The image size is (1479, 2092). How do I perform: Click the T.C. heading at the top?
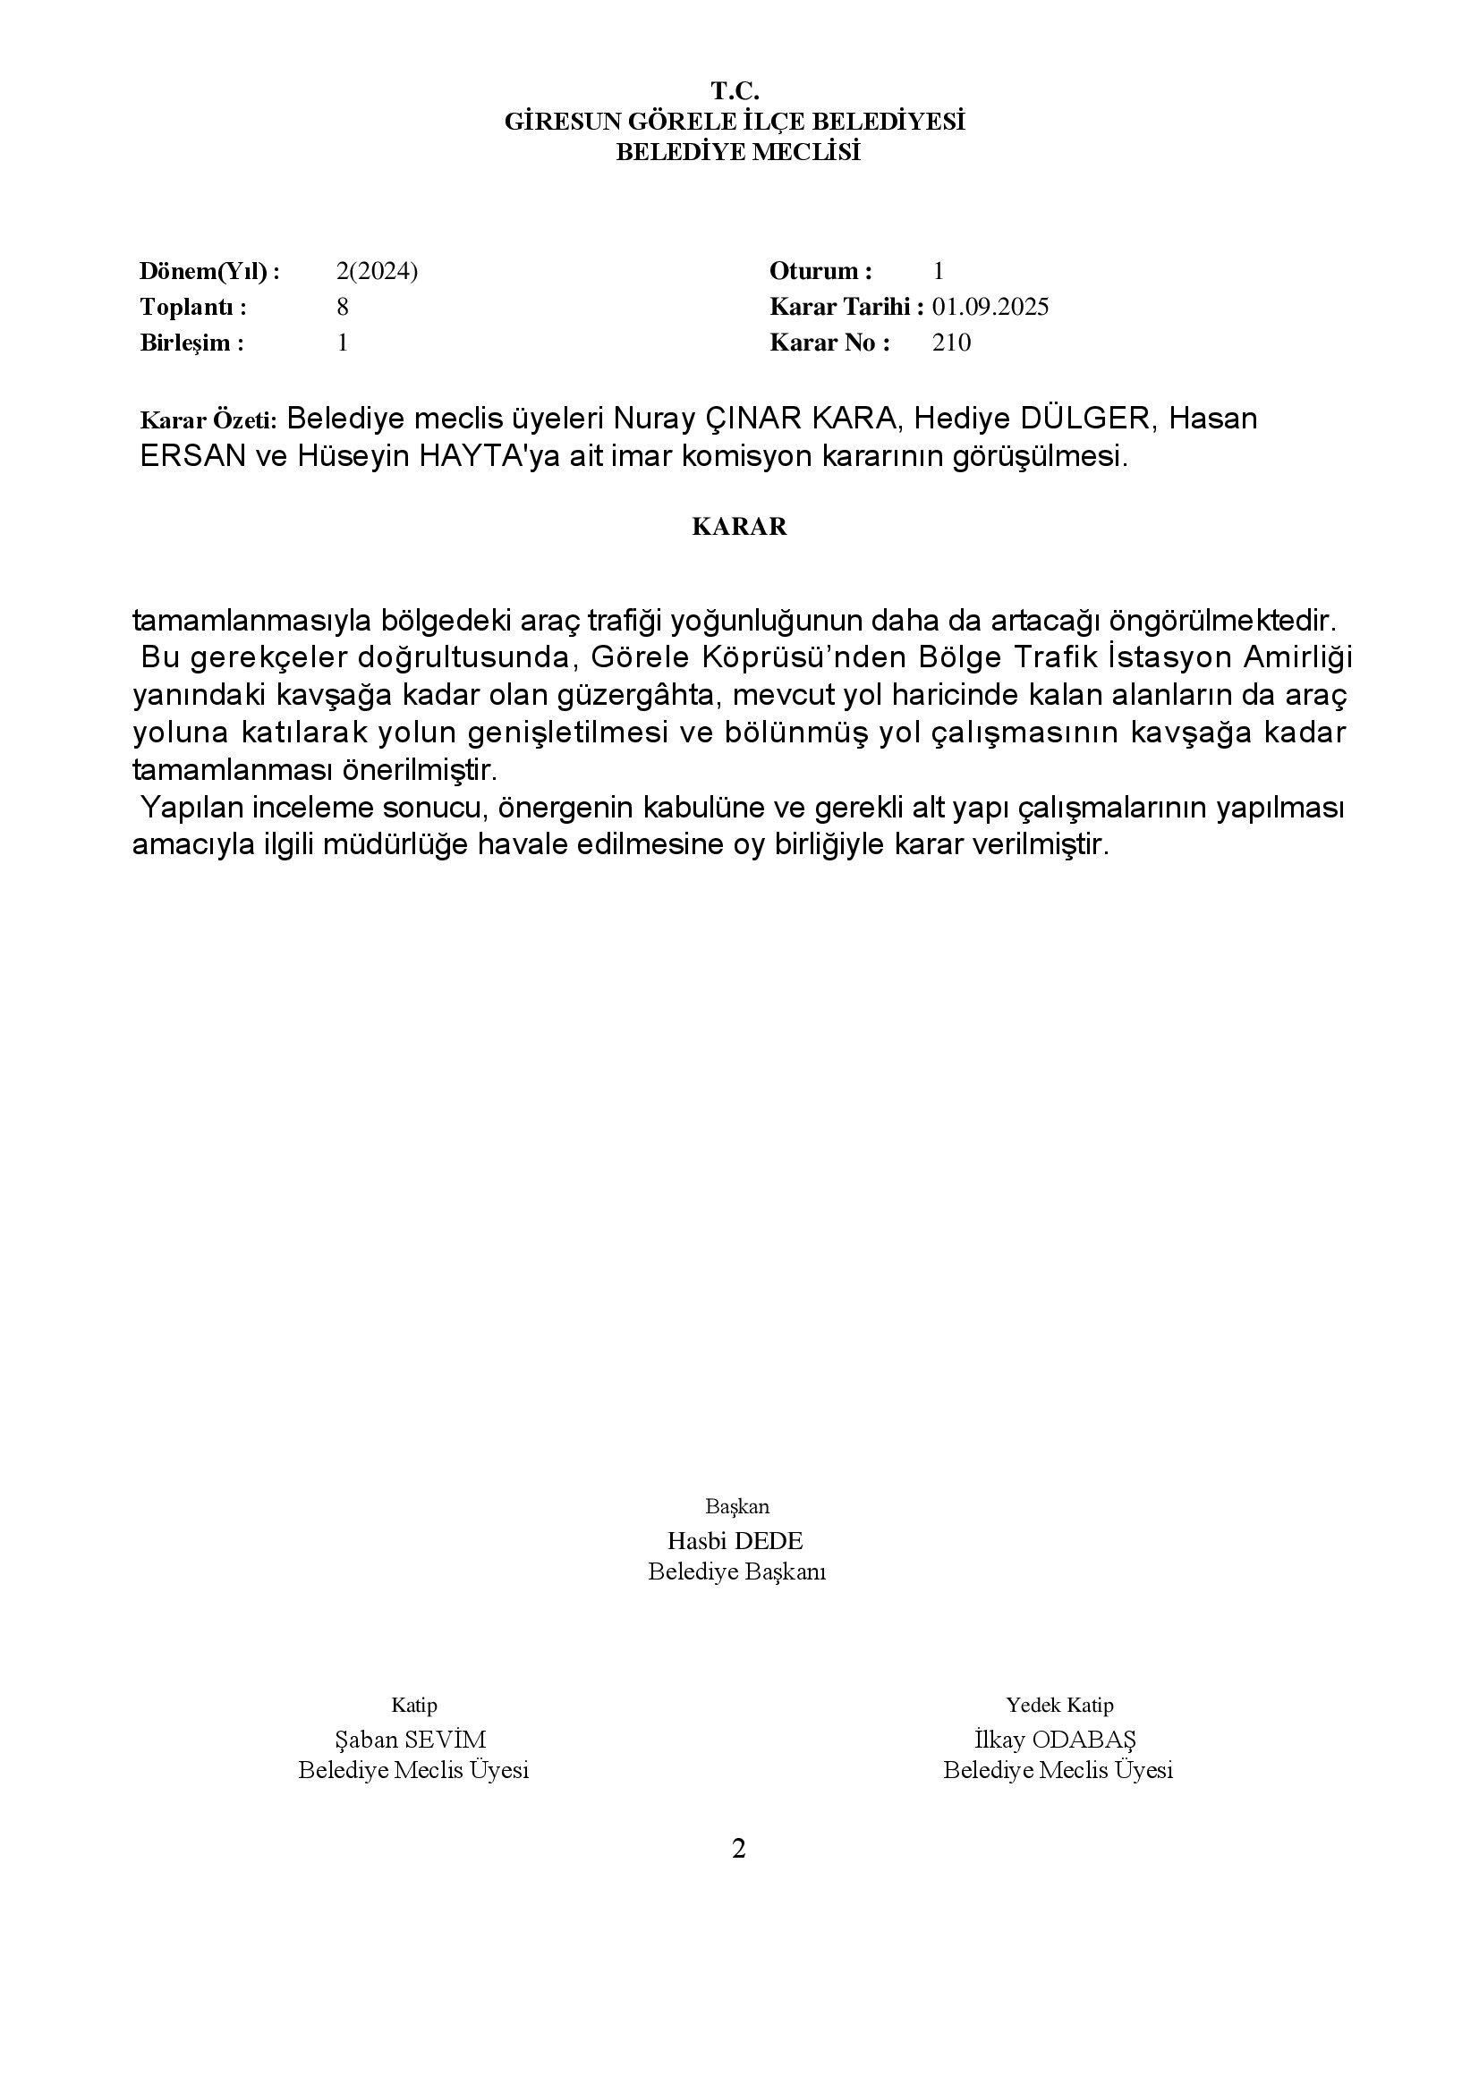[x=735, y=91]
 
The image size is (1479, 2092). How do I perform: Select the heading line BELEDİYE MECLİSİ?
[x=738, y=152]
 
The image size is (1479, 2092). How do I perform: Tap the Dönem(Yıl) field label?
[x=208, y=272]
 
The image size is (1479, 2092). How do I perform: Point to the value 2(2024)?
[x=377, y=272]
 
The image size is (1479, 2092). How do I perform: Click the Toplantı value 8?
[x=343, y=307]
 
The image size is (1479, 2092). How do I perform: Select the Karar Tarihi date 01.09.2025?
[x=990, y=307]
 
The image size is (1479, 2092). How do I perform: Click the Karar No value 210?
[x=951, y=343]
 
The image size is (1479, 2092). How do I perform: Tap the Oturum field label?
[x=820, y=272]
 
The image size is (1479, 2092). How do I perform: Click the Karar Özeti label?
[x=208, y=421]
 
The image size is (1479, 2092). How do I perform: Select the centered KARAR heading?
[x=739, y=528]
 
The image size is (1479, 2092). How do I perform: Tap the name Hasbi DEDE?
[x=735, y=1541]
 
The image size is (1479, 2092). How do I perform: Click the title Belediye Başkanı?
[x=736, y=1572]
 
